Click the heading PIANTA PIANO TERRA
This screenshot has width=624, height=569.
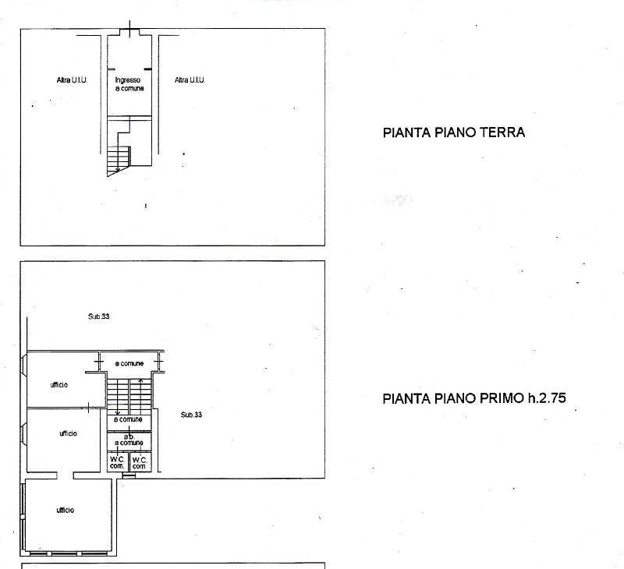[x=454, y=133]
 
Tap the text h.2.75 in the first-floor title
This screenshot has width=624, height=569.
[x=547, y=398]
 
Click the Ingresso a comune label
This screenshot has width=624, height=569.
[x=129, y=84]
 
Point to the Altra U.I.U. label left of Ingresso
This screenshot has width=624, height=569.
[x=72, y=80]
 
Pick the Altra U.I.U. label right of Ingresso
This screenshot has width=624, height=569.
[x=190, y=80]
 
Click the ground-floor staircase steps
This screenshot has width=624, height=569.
[x=119, y=161]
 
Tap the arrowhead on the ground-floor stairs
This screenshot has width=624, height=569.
[x=118, y=170]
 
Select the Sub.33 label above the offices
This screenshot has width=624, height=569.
[x=99, y=316]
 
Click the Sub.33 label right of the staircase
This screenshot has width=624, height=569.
[x=191, y=415]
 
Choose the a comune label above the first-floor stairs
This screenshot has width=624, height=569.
[x=129, y=363]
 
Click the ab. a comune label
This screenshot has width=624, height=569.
[x=129, y=440]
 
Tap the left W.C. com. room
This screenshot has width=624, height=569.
[x=118, y=462]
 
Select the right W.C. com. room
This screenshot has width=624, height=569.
[x=140, y=462]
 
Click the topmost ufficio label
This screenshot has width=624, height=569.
[x=59, y=384]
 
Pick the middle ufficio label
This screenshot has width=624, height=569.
[x=68, y=433]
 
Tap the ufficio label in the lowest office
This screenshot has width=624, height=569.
[x=66, y=511]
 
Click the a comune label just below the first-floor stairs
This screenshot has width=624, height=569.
[x=128, y=419]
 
